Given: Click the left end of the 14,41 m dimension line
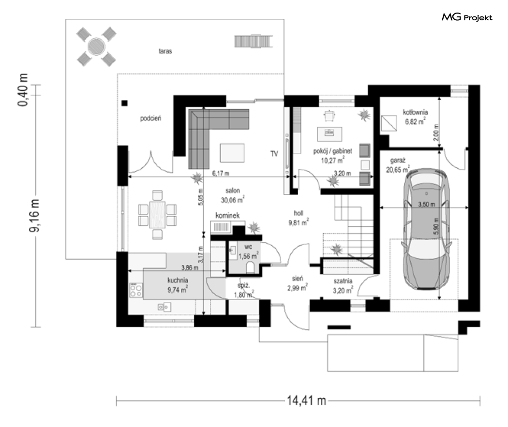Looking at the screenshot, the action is (x=116, y=401).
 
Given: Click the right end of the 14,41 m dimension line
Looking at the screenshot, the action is (x=480, y=401).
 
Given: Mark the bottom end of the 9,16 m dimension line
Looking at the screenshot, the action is (x=36, y=327).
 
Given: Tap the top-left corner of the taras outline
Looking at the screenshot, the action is (x=65, y=19).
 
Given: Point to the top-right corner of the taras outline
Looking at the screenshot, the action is (x=284, y=19).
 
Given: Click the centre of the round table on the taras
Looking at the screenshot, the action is (x=96, y=46).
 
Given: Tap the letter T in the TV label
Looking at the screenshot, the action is (x=272, y=154).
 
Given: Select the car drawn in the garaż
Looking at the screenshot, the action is (x=426, y=229).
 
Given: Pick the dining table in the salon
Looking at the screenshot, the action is (x=157, y=215).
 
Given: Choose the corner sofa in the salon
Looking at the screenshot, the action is (x=219, y=139).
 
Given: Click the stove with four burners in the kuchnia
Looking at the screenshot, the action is (x=136, y=290).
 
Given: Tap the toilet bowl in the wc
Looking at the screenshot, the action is (x=251, y=268).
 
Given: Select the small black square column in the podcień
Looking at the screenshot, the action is (x=124, y=103).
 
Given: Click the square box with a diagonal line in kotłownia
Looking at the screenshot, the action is (x=389, y=123).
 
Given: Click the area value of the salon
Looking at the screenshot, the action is (x=233, y=200).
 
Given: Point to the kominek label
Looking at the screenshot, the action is (x=228, y=215).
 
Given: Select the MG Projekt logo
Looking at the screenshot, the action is (x=467, y=17).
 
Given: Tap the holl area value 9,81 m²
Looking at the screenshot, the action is (x=299, y=222).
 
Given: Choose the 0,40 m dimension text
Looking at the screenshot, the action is (x=23, y=89).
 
